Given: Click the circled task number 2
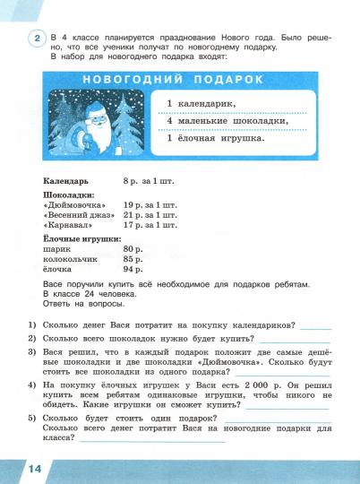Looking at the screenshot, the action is tap(37, 39).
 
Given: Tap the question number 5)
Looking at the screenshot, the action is tap(31, 418).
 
